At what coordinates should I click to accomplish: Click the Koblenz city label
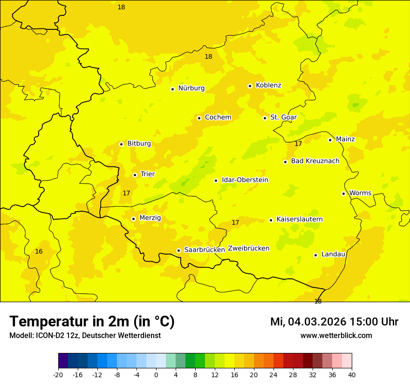[x=268, y=85]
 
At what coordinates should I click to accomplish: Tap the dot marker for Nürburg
[x=172, y=89]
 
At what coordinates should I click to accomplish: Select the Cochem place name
[x=218, y=117]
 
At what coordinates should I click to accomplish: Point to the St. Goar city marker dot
[x=265, y=118]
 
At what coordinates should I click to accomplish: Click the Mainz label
[x=345, y=139]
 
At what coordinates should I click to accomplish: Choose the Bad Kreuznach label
[x=315, y=161]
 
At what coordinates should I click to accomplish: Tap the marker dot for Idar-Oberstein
[x=216, y=180]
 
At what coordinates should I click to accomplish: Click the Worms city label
[x=360, y=193]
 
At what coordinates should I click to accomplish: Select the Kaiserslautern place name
[x=300, y=220]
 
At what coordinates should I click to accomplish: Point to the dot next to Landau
[x=315, y=255]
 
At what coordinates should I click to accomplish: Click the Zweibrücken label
[x=249, y=249]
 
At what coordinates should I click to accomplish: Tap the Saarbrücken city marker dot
[x=178, y=250]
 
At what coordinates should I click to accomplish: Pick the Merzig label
[x=150, y=218]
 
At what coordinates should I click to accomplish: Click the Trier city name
[x=148, y=174]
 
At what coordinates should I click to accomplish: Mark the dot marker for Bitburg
[x=121, y=144]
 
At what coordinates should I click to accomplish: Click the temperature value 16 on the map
[x=39, y=252]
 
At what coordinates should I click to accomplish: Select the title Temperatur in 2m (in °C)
[x=92, y=322]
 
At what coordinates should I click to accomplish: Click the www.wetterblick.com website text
[x=336, y=336]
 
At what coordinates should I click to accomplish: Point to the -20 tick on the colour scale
[x=58, y=375]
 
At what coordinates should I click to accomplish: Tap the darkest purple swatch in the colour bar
[x=63, y=361]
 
